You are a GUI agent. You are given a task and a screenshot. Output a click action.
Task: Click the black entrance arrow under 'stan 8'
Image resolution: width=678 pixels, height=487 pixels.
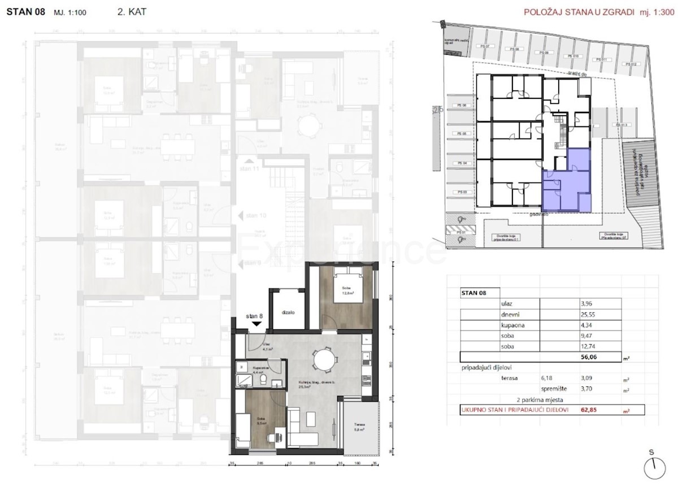[256, 324]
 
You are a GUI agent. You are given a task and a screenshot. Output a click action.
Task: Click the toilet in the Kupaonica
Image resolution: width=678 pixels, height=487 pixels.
[263, 381]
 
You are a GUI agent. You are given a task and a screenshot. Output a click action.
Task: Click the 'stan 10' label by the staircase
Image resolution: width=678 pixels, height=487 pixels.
[253, 215]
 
